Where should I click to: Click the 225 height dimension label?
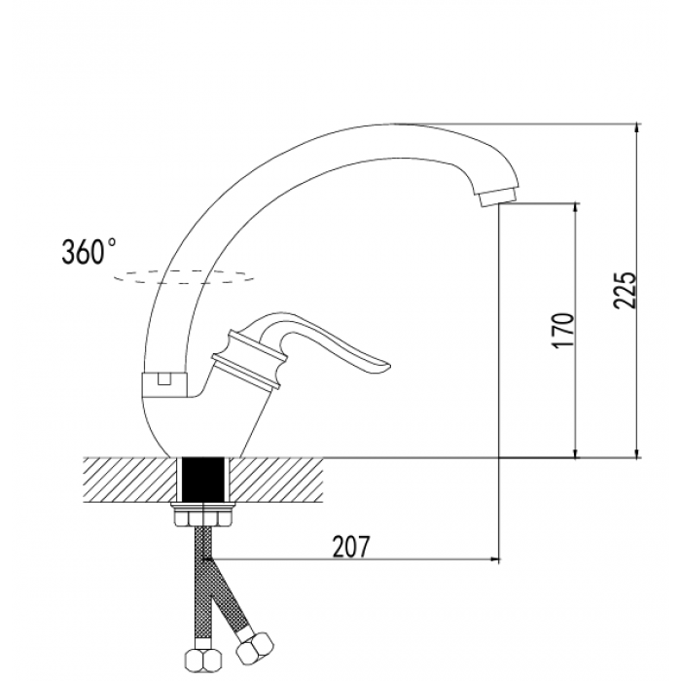626,290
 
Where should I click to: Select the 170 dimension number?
563,331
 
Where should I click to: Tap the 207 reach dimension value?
350,547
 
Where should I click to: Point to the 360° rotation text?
89,252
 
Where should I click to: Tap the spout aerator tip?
498,197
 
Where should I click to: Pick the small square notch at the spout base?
163,379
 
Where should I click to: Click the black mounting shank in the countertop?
203,480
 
